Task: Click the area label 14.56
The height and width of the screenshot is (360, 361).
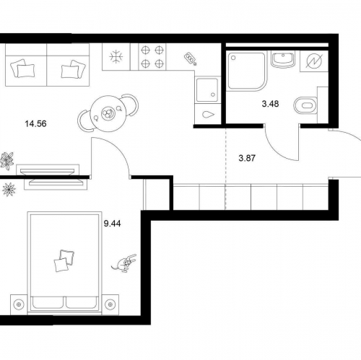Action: tap(35, 124)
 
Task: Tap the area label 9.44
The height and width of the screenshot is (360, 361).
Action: tap(112, 224)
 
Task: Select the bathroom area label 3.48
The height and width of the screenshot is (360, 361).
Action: tap(270, 104)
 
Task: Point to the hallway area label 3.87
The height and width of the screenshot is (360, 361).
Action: tap(247, 158)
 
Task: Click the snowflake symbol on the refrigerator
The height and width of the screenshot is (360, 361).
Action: tap(116, 57)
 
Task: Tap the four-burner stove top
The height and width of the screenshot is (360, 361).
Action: tap(152, 57)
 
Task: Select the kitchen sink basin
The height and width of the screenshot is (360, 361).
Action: tap(207, 89)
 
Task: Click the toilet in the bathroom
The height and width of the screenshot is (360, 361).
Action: tap(305, 105)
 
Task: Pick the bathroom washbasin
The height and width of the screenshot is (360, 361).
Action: tap(283, 59)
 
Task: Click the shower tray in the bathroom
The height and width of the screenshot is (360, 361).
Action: tap(247, 71)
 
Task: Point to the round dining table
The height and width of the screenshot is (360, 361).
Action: tap(108, 113)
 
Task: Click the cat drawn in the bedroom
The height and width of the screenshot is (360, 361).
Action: tap(124, 263)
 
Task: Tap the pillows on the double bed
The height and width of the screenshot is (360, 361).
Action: tap(64, 260)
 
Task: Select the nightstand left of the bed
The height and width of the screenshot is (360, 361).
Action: tap(19, 304)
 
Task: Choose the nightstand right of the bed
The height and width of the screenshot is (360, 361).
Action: tap(110, 304)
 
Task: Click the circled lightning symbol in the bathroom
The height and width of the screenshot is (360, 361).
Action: tap(314, 61)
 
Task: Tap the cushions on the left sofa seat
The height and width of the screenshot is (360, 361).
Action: tap(22, 69)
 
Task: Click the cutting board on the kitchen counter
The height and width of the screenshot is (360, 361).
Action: tap(191, 59)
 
